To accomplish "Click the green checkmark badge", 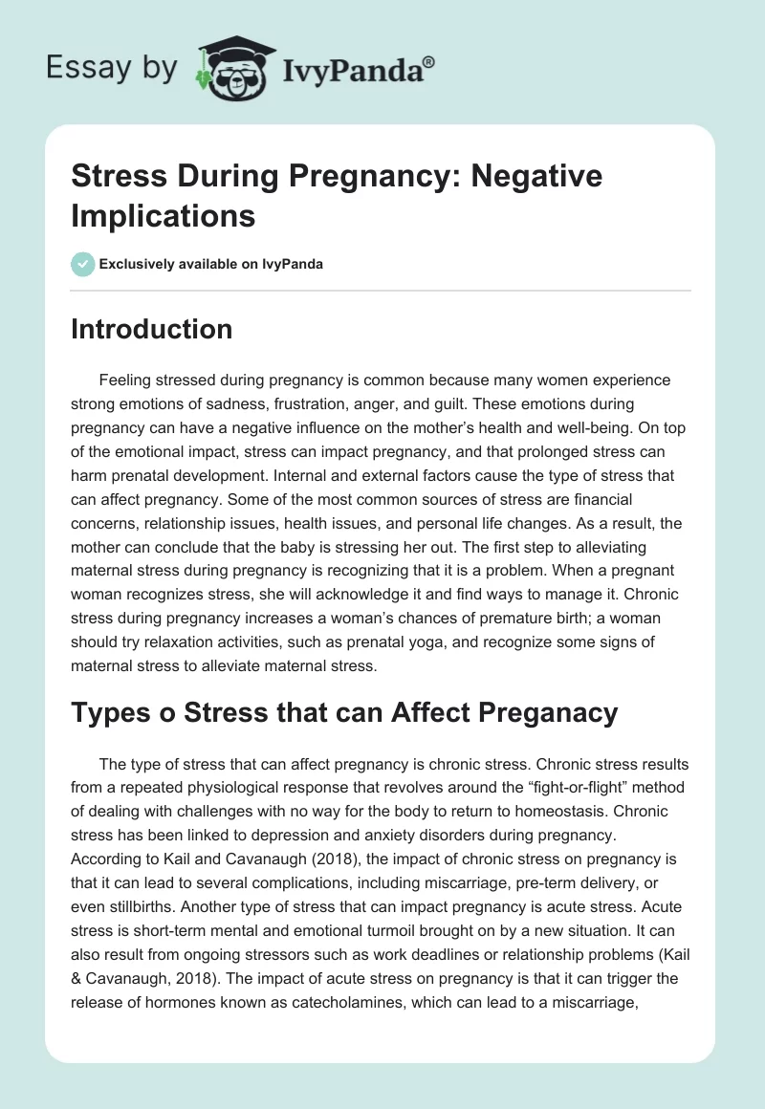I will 83,264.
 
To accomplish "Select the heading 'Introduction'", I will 152,329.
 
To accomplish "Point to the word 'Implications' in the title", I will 164,215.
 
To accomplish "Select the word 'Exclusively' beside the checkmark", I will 140,264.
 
